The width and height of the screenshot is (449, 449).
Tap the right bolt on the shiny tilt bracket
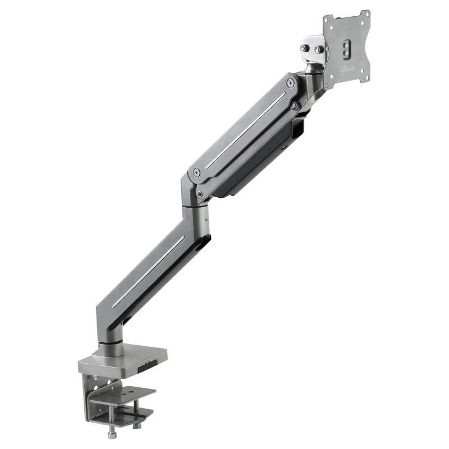tap(319, 49)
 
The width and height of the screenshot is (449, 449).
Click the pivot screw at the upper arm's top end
tap(290, 83)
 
